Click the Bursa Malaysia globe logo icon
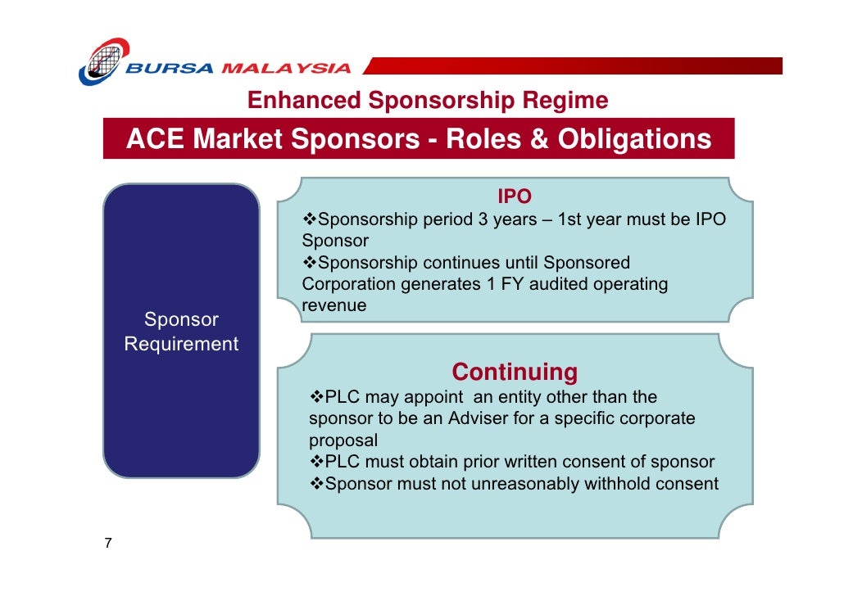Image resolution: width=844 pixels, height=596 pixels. (104, 61)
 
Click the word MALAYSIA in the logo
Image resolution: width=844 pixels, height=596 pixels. (287, 69)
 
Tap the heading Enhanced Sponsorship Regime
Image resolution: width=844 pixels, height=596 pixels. (428, 101)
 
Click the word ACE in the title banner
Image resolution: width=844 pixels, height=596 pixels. (156, 139)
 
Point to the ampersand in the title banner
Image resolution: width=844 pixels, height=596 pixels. (538, 139)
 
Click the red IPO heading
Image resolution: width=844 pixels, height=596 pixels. (515, 197)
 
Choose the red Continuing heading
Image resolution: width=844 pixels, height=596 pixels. (515, 372)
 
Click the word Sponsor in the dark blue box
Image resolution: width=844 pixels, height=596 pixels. (181, 319)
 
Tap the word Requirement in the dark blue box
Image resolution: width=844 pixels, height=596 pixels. (181, 345)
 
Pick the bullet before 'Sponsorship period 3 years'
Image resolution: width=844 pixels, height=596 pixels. (310, 220)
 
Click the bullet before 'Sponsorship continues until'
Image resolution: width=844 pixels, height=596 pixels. (310, 263)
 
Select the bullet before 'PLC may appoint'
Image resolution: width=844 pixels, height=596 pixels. (317, 398)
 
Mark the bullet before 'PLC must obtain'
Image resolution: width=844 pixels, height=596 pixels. (317, 462)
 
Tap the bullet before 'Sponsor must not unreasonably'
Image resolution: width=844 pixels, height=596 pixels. (317, 484)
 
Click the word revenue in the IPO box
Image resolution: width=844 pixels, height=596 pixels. (334, 305)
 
